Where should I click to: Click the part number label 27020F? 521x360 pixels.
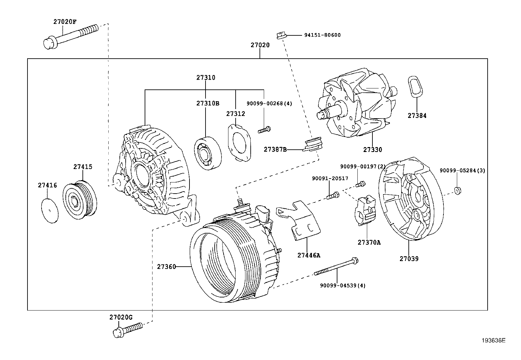[x=65, y=22]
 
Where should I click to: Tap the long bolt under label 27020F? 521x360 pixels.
[x=71, y=37]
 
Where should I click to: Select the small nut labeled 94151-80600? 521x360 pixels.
[x=282, y=36]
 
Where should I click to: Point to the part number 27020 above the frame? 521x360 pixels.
[x=260, y=45]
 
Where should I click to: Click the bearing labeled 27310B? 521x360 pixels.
[x=208, y=153]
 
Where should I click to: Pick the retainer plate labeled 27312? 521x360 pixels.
[x=239, y=143]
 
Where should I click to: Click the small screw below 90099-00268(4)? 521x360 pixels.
[x=264, y=130]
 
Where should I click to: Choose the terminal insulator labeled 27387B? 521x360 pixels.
[x=313, y=144]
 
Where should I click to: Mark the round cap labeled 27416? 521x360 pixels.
[x=50, y=211]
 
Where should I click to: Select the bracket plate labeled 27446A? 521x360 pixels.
[x=300, y=220]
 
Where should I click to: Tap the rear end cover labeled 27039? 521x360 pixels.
[x=411, y=199]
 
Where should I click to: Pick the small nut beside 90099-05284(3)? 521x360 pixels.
[x=458, y=191]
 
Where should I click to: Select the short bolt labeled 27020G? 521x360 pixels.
[x=128, y=330]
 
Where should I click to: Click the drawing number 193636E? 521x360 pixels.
[x=493, y=340]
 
